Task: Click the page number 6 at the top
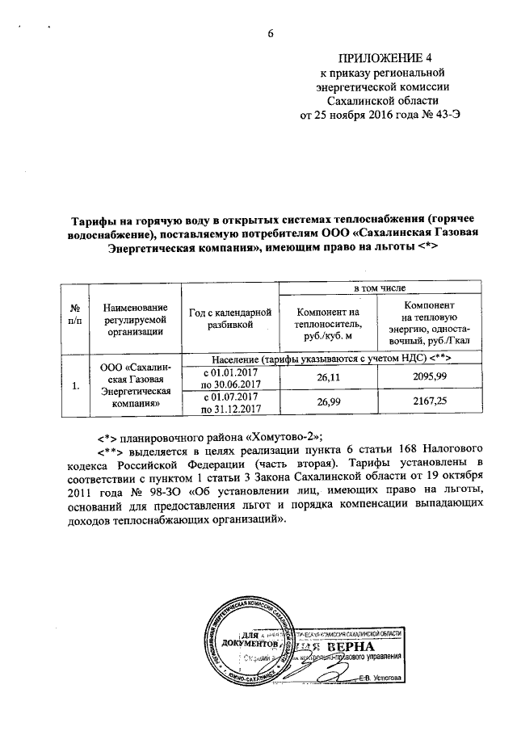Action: point(271,34)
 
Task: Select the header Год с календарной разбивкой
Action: point(230,319)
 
